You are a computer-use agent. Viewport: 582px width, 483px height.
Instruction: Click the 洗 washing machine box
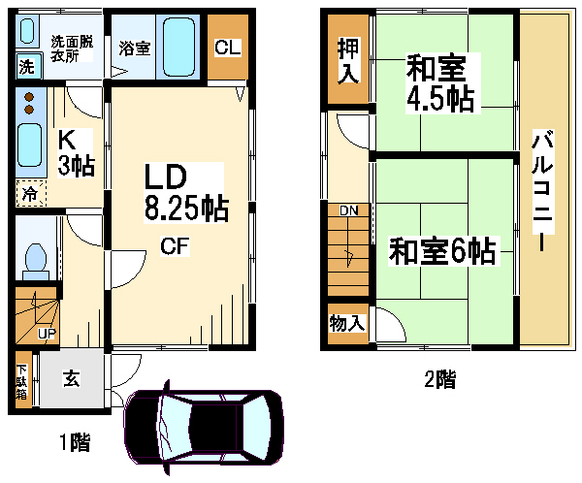[x=24, y=67]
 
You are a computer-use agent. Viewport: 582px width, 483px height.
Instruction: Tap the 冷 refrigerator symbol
[x=30, y=194]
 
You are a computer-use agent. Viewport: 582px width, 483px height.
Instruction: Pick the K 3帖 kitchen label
[x=74, y=153]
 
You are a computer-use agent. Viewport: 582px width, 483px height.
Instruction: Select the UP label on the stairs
[x=45, y=334]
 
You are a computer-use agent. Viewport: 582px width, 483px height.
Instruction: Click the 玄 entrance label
[x=72, y=380]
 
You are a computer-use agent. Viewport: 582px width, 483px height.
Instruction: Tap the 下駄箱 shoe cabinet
[x=22, y=383]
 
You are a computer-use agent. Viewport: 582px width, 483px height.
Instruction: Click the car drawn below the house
[x=205, y=425]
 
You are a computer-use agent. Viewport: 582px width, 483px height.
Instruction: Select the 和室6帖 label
[x=442, y=251]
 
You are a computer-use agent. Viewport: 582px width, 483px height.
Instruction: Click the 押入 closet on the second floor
[x=347, y=60]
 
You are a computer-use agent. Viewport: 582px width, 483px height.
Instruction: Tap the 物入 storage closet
[x=347, y=323]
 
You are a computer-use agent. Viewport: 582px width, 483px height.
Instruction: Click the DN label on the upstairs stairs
[x=348, y=210]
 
